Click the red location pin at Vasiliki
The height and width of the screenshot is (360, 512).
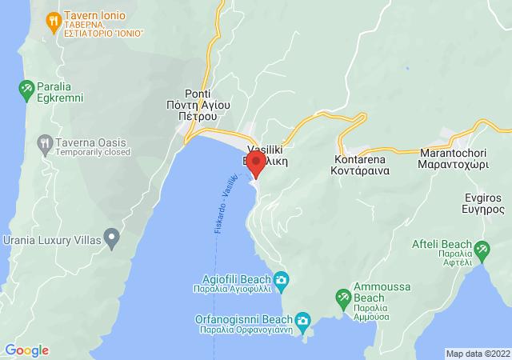click(x=257, y=164)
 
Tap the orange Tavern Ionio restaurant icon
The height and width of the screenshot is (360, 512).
click(x=53, y=21)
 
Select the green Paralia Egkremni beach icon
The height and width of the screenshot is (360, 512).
click(x=27, y=86)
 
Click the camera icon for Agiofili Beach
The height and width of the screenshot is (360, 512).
click(x=281, y=279)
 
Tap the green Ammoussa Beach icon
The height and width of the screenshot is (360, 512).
click(x=342, y=297)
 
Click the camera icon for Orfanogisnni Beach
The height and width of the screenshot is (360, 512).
click(x=302, y=322)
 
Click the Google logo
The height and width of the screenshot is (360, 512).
click(x=26, y=350)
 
